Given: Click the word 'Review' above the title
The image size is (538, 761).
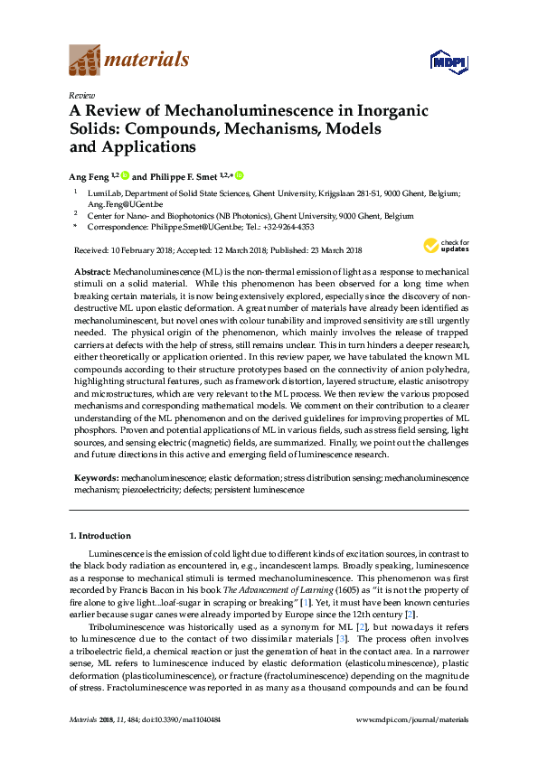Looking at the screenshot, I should (82, 94).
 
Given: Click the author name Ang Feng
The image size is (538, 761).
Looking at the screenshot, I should (89, 175).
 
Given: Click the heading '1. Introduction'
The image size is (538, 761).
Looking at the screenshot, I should (99, 535).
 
